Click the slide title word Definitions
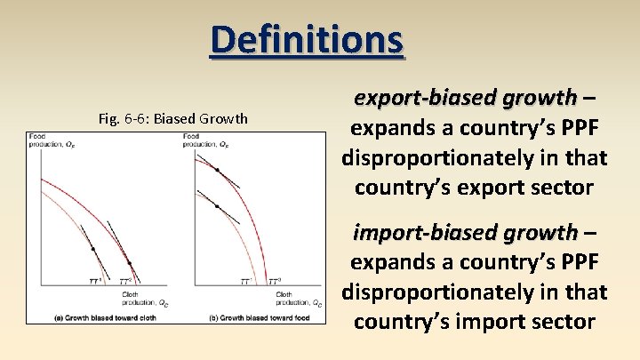coord(307,40)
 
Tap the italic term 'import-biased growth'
coord(465,233)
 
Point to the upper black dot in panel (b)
coord(217,169)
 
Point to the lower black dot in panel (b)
coord(217,206)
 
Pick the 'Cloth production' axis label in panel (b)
coord(297,298)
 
